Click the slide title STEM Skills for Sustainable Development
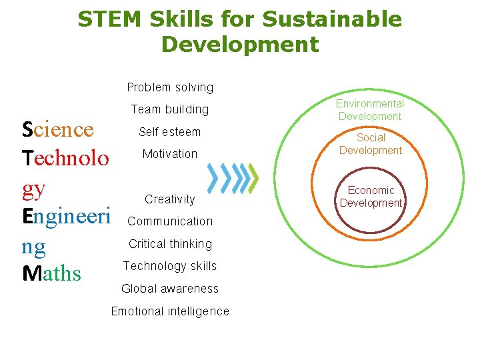pyautogui.click(x=240, y=31)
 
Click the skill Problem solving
pyautogui.click(x=170, y=87)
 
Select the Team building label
pyautogui.click(x=169, y=109)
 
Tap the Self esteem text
pyautogui.click(x=169, y=132)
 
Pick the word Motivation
pyautogui.click(x=169, y=154)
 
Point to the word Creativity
pyautogui.click(x=170, y=199)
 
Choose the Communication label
pyautogui.click(x=170, y=221)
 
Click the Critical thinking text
pyautogui.click(x=170, y=244)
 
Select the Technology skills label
pyautogui.click(x=170, y=266)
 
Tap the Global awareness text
pyautogui.click(x=170, y=289)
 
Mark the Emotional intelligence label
pyautogui.click(x=170, y=311)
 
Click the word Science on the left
pyautogui.click(x=57, y=129)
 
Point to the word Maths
pyautogui.click(x=51, y=273)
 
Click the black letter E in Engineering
pyautogui.click(x=27, y=216)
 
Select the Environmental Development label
pyautogui.click(x=370, y=110)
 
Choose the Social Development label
pyautogui.click(x=371, y=144)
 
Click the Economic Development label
pyautogui.click(x=371, y=197)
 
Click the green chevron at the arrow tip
pyautogui.click(x=253, y=177)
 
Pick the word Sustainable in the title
pyautogui.click(x=331, y=19)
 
